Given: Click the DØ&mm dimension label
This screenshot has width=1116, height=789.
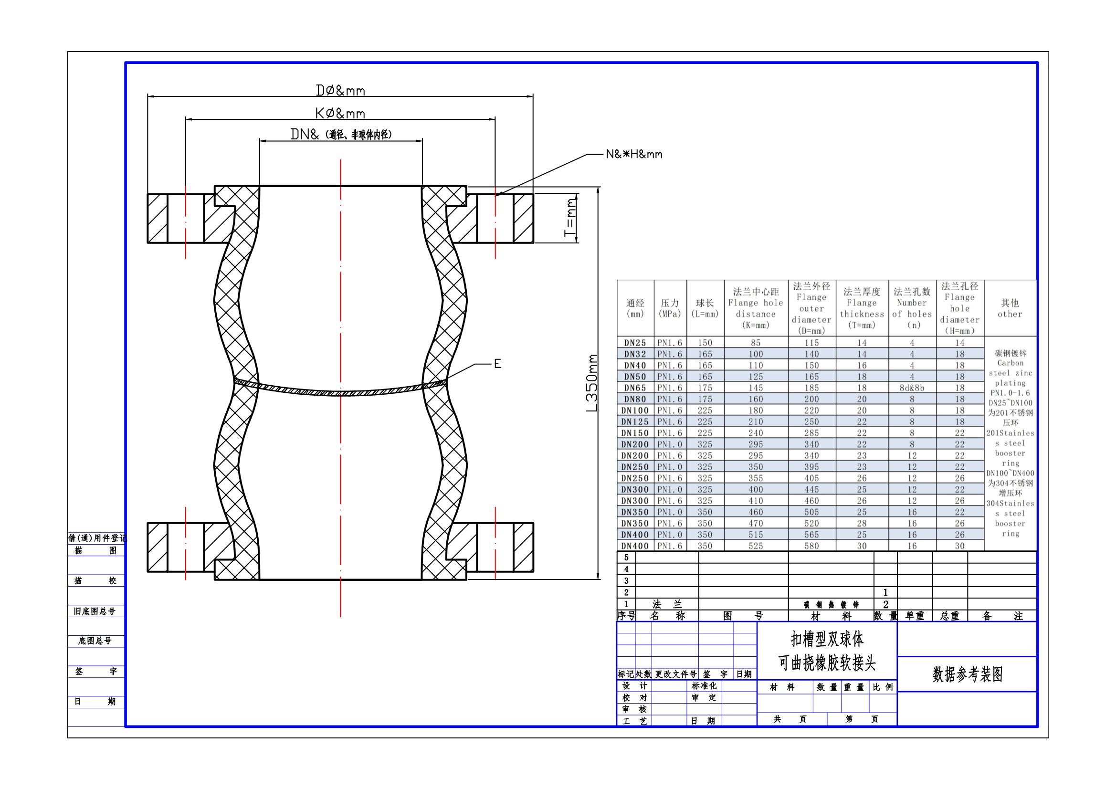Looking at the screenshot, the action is [x=340, y=90].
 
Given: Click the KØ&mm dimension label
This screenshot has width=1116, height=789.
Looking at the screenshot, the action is [x=340, y=114].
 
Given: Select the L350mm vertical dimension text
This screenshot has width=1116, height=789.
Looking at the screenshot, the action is [x=591, y=383].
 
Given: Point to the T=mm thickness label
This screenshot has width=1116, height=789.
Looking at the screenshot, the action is [x=569, y=218].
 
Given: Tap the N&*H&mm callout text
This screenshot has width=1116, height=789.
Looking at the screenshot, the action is [x=634, y=154].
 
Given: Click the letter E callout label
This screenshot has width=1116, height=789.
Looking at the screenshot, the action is [x=497, y=364].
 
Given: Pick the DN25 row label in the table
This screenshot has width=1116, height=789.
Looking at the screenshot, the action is [x=635, y=343].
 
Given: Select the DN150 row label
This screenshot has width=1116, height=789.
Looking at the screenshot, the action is [x=635, y=433].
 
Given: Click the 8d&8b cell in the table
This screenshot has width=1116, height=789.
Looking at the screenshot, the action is [x=912, y=388].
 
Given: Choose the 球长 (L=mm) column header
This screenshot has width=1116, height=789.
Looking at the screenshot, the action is [x=705, y=308].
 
